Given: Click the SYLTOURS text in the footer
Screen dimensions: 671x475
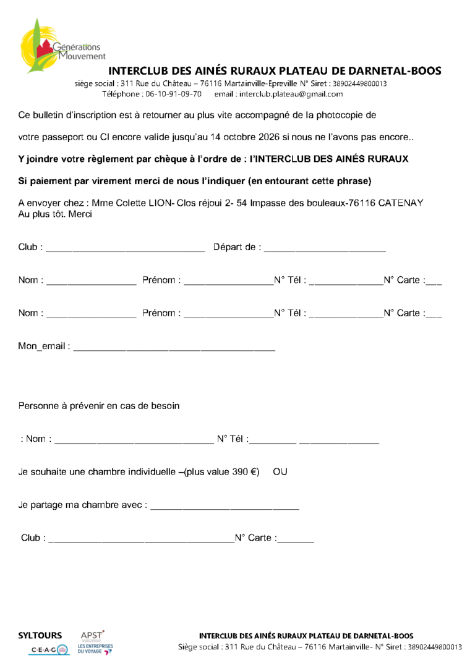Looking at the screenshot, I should (x=40, y=635).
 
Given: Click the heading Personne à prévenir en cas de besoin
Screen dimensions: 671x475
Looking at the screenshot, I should (x=99, y=406).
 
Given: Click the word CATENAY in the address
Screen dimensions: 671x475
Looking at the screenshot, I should (x=401, y=203).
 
